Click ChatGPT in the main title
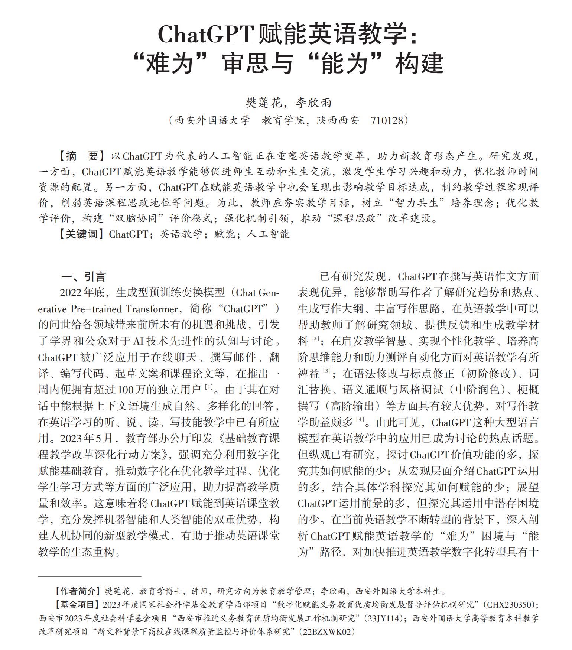click(205, 34)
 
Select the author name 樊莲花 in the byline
click(264, 103)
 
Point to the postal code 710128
click(387, 120)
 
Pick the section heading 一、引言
click(84, 277)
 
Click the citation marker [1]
click(209, 387)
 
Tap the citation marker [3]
click(327, 371)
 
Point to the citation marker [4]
click(360, 419)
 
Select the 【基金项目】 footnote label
click(77, 605)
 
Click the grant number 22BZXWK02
click(327, 632)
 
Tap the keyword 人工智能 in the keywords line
click(268, 234)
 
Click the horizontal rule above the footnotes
click(90, 576)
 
